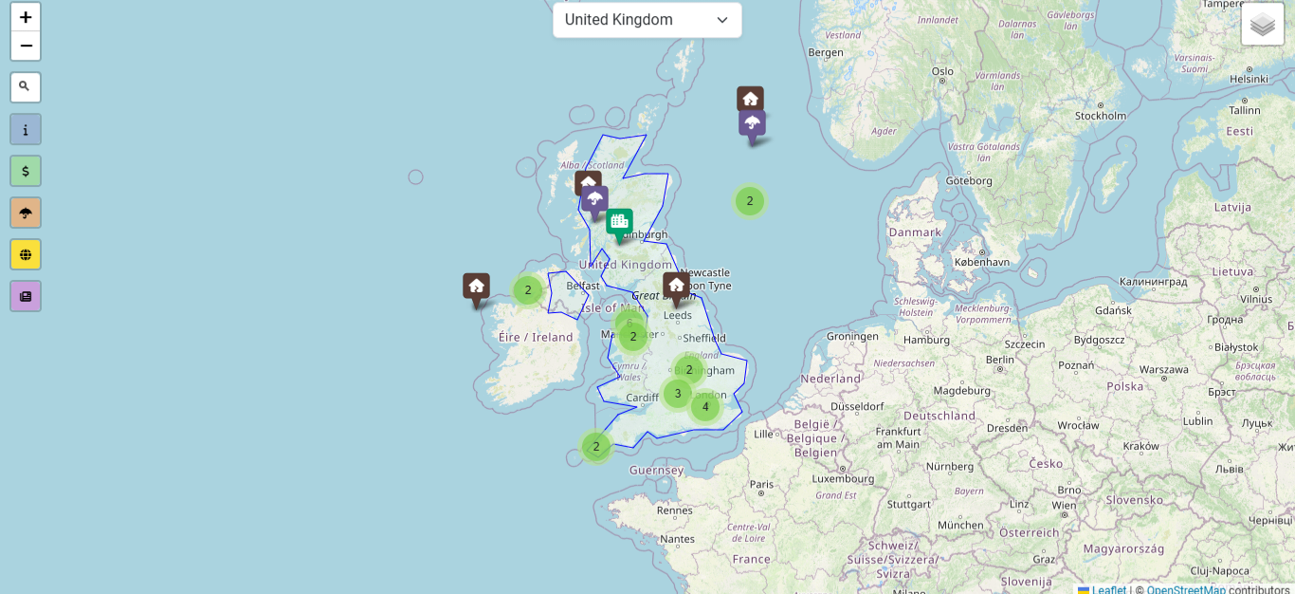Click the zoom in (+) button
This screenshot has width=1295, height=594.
click(x=26, y=17)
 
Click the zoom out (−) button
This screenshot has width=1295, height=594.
click(x=26, y=46)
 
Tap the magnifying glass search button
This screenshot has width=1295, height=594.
click(x=26, y=87)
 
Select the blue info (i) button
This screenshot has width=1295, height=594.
click(x=26, y=129)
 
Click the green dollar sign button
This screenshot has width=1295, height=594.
click(x=26, y=171)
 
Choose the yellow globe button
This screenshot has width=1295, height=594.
click(x=26, y=254)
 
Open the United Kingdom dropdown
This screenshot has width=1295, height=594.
click(x=647, y=20)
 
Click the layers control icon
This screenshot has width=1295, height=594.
click(x=1262, y=25)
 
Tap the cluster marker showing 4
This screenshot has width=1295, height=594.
click(x=705, y=407)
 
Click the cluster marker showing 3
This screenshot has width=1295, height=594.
click(x=677, y=394)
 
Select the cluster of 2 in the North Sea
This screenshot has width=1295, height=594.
click(x=750, y=201)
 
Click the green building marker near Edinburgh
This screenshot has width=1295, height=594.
click(x=619, y=223)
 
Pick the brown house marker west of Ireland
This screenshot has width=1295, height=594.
click(x=476, y=287)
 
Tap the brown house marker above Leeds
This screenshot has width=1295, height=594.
click(x=676, y=286)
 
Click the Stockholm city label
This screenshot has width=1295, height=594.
click(x=1101, y=116)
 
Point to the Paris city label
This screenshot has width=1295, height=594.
click(x=762, y=484)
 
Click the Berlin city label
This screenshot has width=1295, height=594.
click(x=999, y=360)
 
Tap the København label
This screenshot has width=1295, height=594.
click(x=981, y=262)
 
